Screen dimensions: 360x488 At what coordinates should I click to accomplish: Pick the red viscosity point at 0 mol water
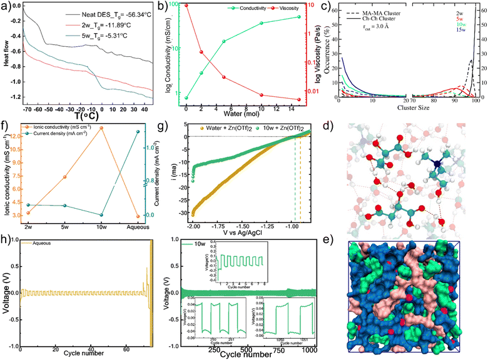187,5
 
